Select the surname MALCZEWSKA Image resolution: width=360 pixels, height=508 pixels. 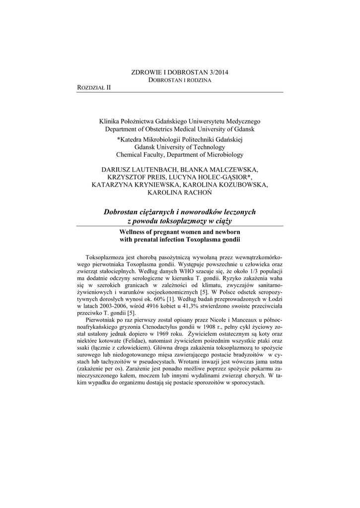coord(232,169)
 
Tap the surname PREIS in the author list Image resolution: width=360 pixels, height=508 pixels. coord(167,177)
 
